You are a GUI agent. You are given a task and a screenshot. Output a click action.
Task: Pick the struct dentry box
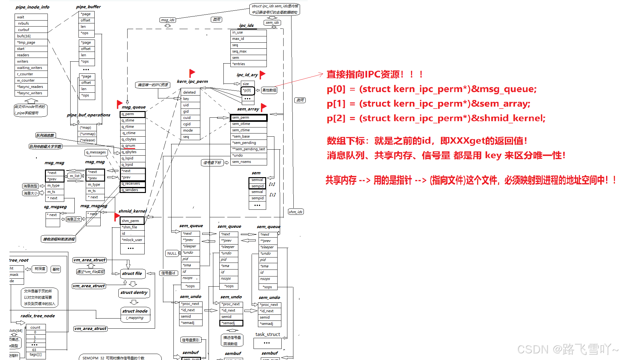[134, 293]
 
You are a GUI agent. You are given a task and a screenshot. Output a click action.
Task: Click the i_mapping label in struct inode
[135, 318]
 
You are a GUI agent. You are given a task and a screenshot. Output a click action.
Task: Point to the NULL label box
[172, 253]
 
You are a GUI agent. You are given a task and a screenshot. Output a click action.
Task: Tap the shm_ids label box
[296, 212]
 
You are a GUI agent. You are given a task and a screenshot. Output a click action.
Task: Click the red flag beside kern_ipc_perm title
[192, 73]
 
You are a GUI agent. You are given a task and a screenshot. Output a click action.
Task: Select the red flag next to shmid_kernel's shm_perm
[117, 217]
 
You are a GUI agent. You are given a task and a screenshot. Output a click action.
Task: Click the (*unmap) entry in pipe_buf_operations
[87, 134]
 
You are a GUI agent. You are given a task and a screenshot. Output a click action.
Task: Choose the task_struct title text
[267, 334]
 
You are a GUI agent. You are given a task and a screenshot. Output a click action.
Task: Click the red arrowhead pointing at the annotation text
[321, 75]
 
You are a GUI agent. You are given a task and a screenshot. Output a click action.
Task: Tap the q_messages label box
[96, 152]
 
